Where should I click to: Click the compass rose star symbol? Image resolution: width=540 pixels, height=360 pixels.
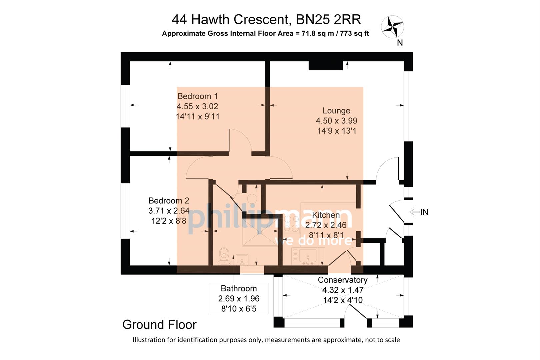392,26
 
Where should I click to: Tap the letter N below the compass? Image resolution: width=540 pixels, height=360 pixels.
400,43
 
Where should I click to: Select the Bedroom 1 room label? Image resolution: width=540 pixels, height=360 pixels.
197,96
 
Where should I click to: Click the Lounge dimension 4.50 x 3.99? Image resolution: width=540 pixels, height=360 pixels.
336,121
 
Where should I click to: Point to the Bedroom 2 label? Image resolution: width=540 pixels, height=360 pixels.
169,201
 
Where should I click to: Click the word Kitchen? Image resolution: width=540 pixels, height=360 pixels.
326,215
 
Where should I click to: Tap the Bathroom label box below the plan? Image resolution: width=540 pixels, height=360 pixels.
239,298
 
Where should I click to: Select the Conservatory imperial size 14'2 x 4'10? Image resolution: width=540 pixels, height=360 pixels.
343,300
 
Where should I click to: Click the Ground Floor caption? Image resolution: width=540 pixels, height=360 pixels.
159,325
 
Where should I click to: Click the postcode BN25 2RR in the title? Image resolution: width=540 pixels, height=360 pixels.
328,20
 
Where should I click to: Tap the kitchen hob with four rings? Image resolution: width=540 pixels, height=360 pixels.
291,224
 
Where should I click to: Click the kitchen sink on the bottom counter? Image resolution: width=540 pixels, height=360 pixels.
308,257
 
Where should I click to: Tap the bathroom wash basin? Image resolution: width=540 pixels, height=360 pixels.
242,259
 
